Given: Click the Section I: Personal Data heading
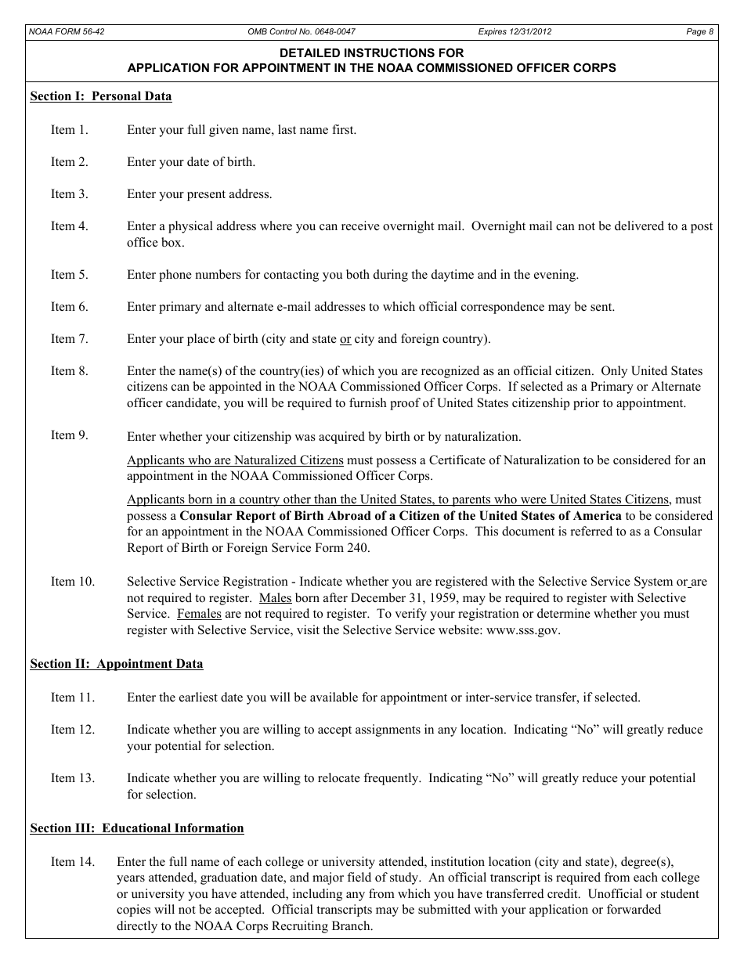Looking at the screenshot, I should pyautogui.click(x=101, y=97).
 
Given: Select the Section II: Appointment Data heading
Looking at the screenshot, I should pyautogui.click(x=117, y=664).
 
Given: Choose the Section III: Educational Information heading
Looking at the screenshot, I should pyautogui.click(x=137, y=828).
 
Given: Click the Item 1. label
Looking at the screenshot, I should pyautogui.click(x=70, y=130).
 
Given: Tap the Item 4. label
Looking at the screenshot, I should pyautogui.click(x=70, y=226).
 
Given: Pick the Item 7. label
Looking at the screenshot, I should pyautogui.click(x=70, y=339).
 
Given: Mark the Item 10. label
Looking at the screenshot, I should pyautogui.click(x=73, y=582).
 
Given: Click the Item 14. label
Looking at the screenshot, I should pyautogui.click(x=73, y=862).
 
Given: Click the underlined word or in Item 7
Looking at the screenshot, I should pyautogui.click(x=345, y=339).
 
